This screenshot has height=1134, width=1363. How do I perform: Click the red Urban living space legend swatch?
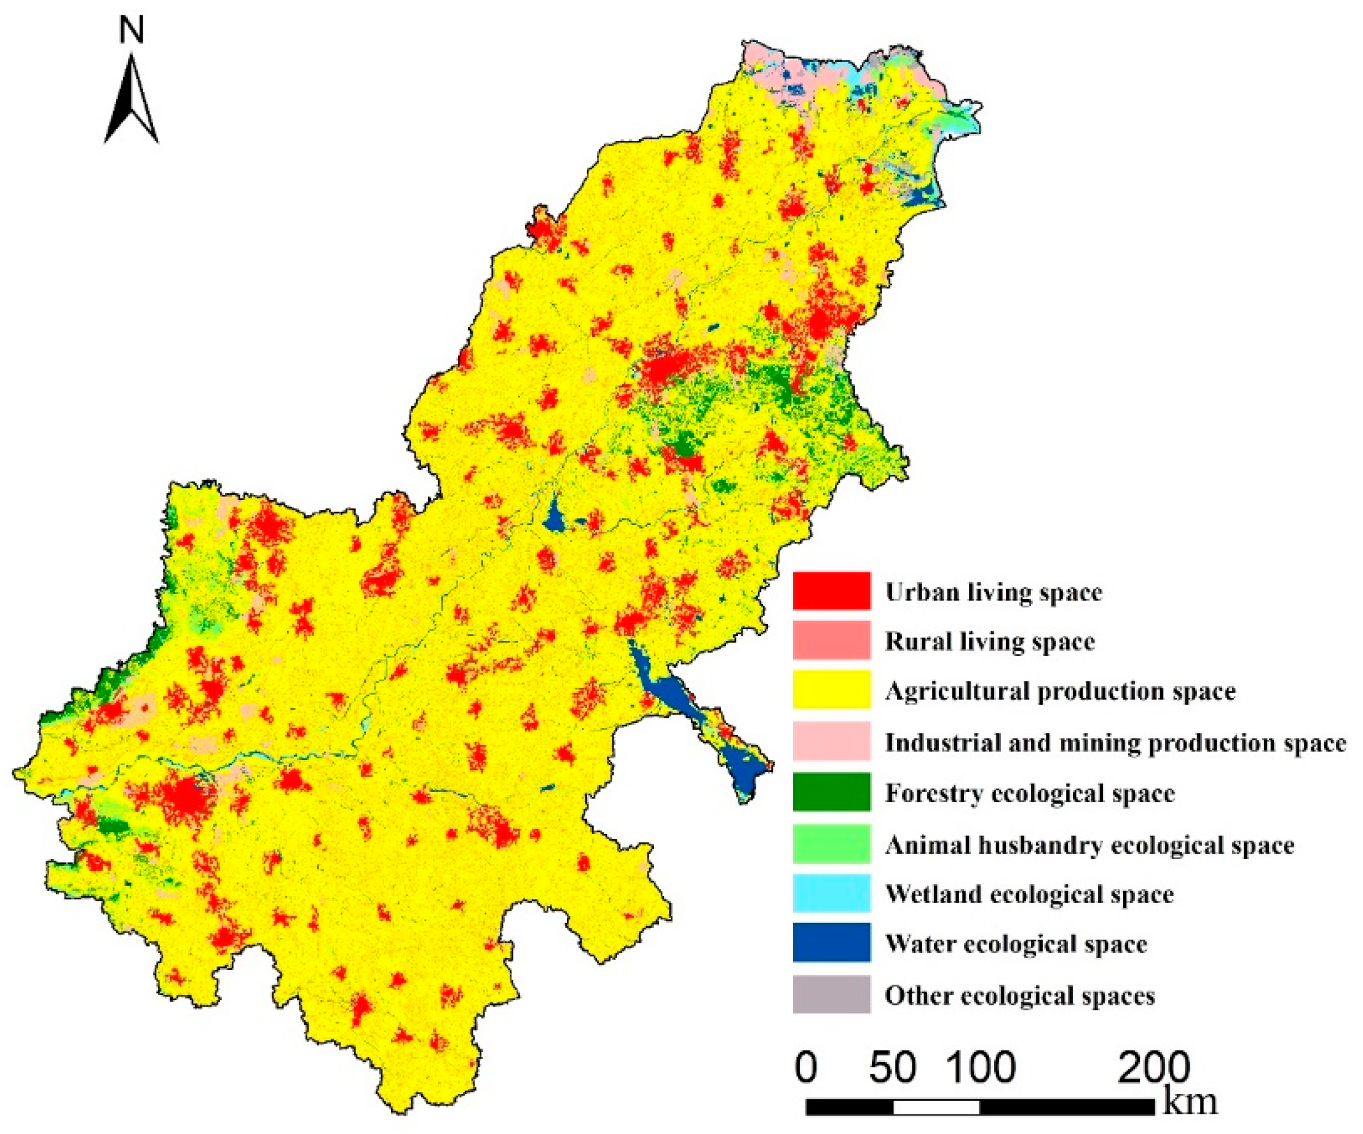831,591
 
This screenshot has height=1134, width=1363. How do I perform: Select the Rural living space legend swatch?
831,640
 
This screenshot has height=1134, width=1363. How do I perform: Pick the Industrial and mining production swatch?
831,740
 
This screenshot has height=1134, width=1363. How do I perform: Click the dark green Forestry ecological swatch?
831,792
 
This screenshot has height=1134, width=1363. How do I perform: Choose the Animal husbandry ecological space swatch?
831,843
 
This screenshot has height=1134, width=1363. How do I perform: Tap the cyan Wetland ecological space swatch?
831,893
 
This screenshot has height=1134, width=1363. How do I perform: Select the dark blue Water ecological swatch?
831,943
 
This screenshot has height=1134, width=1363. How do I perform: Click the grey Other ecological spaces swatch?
831,994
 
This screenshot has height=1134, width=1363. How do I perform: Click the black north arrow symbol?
131,101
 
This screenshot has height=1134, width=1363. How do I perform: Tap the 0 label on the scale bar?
805,1066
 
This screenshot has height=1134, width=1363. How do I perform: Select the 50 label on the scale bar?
893,1066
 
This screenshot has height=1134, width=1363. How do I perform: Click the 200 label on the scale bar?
1153,1066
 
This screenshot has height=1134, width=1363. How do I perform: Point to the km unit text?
1190,1101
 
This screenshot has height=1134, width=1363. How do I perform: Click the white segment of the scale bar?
936,1107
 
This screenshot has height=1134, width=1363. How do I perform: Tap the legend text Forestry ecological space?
1030,793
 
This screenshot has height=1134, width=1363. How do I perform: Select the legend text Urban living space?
994,592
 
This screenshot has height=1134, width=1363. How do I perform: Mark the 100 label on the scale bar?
981,1066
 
